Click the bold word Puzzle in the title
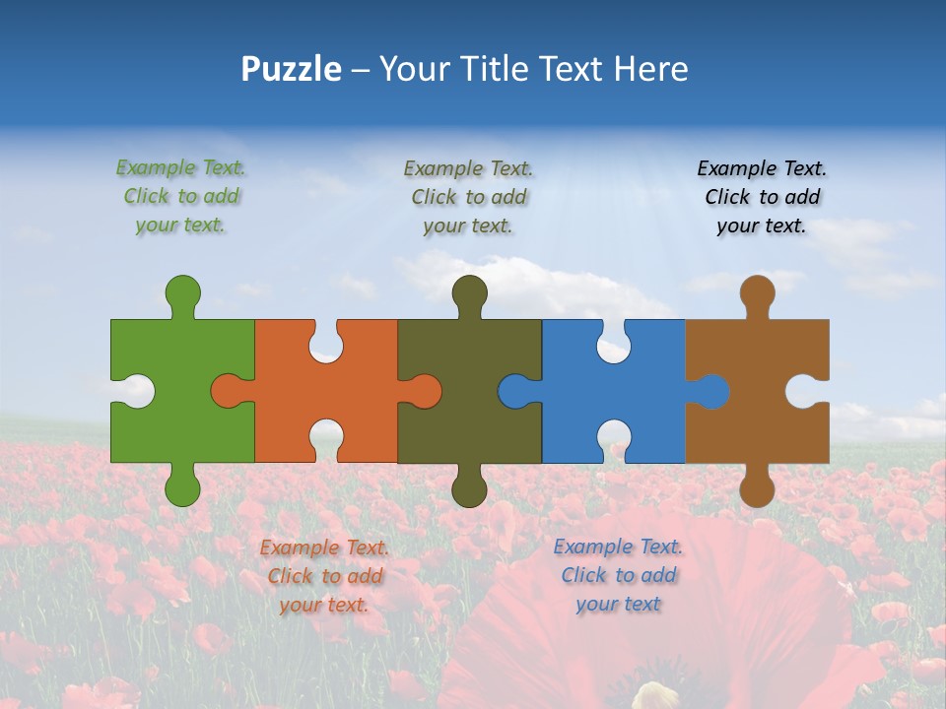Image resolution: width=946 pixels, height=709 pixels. (x=292, y=69)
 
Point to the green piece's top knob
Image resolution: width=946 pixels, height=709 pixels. (x=182, y=293)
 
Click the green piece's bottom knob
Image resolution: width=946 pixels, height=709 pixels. (x=182, y=486)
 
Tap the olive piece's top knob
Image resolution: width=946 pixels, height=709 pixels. (x=469, y=293)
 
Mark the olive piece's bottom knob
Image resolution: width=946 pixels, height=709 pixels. (x=469, y=486)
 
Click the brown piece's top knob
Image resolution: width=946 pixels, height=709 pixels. (x=757, y=293)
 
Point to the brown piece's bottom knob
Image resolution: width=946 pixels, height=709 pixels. (x=757, y=486)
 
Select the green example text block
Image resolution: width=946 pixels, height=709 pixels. (x=181, y=196)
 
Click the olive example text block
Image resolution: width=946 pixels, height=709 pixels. (x=469, y=197)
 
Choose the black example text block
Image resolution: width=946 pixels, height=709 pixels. (x=762, y=197)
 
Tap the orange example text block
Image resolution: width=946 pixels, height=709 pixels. (x=324, y=576)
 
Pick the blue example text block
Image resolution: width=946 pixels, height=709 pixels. (x=618, y=575)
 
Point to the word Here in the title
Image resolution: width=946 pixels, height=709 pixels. (x=650, y=69)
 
